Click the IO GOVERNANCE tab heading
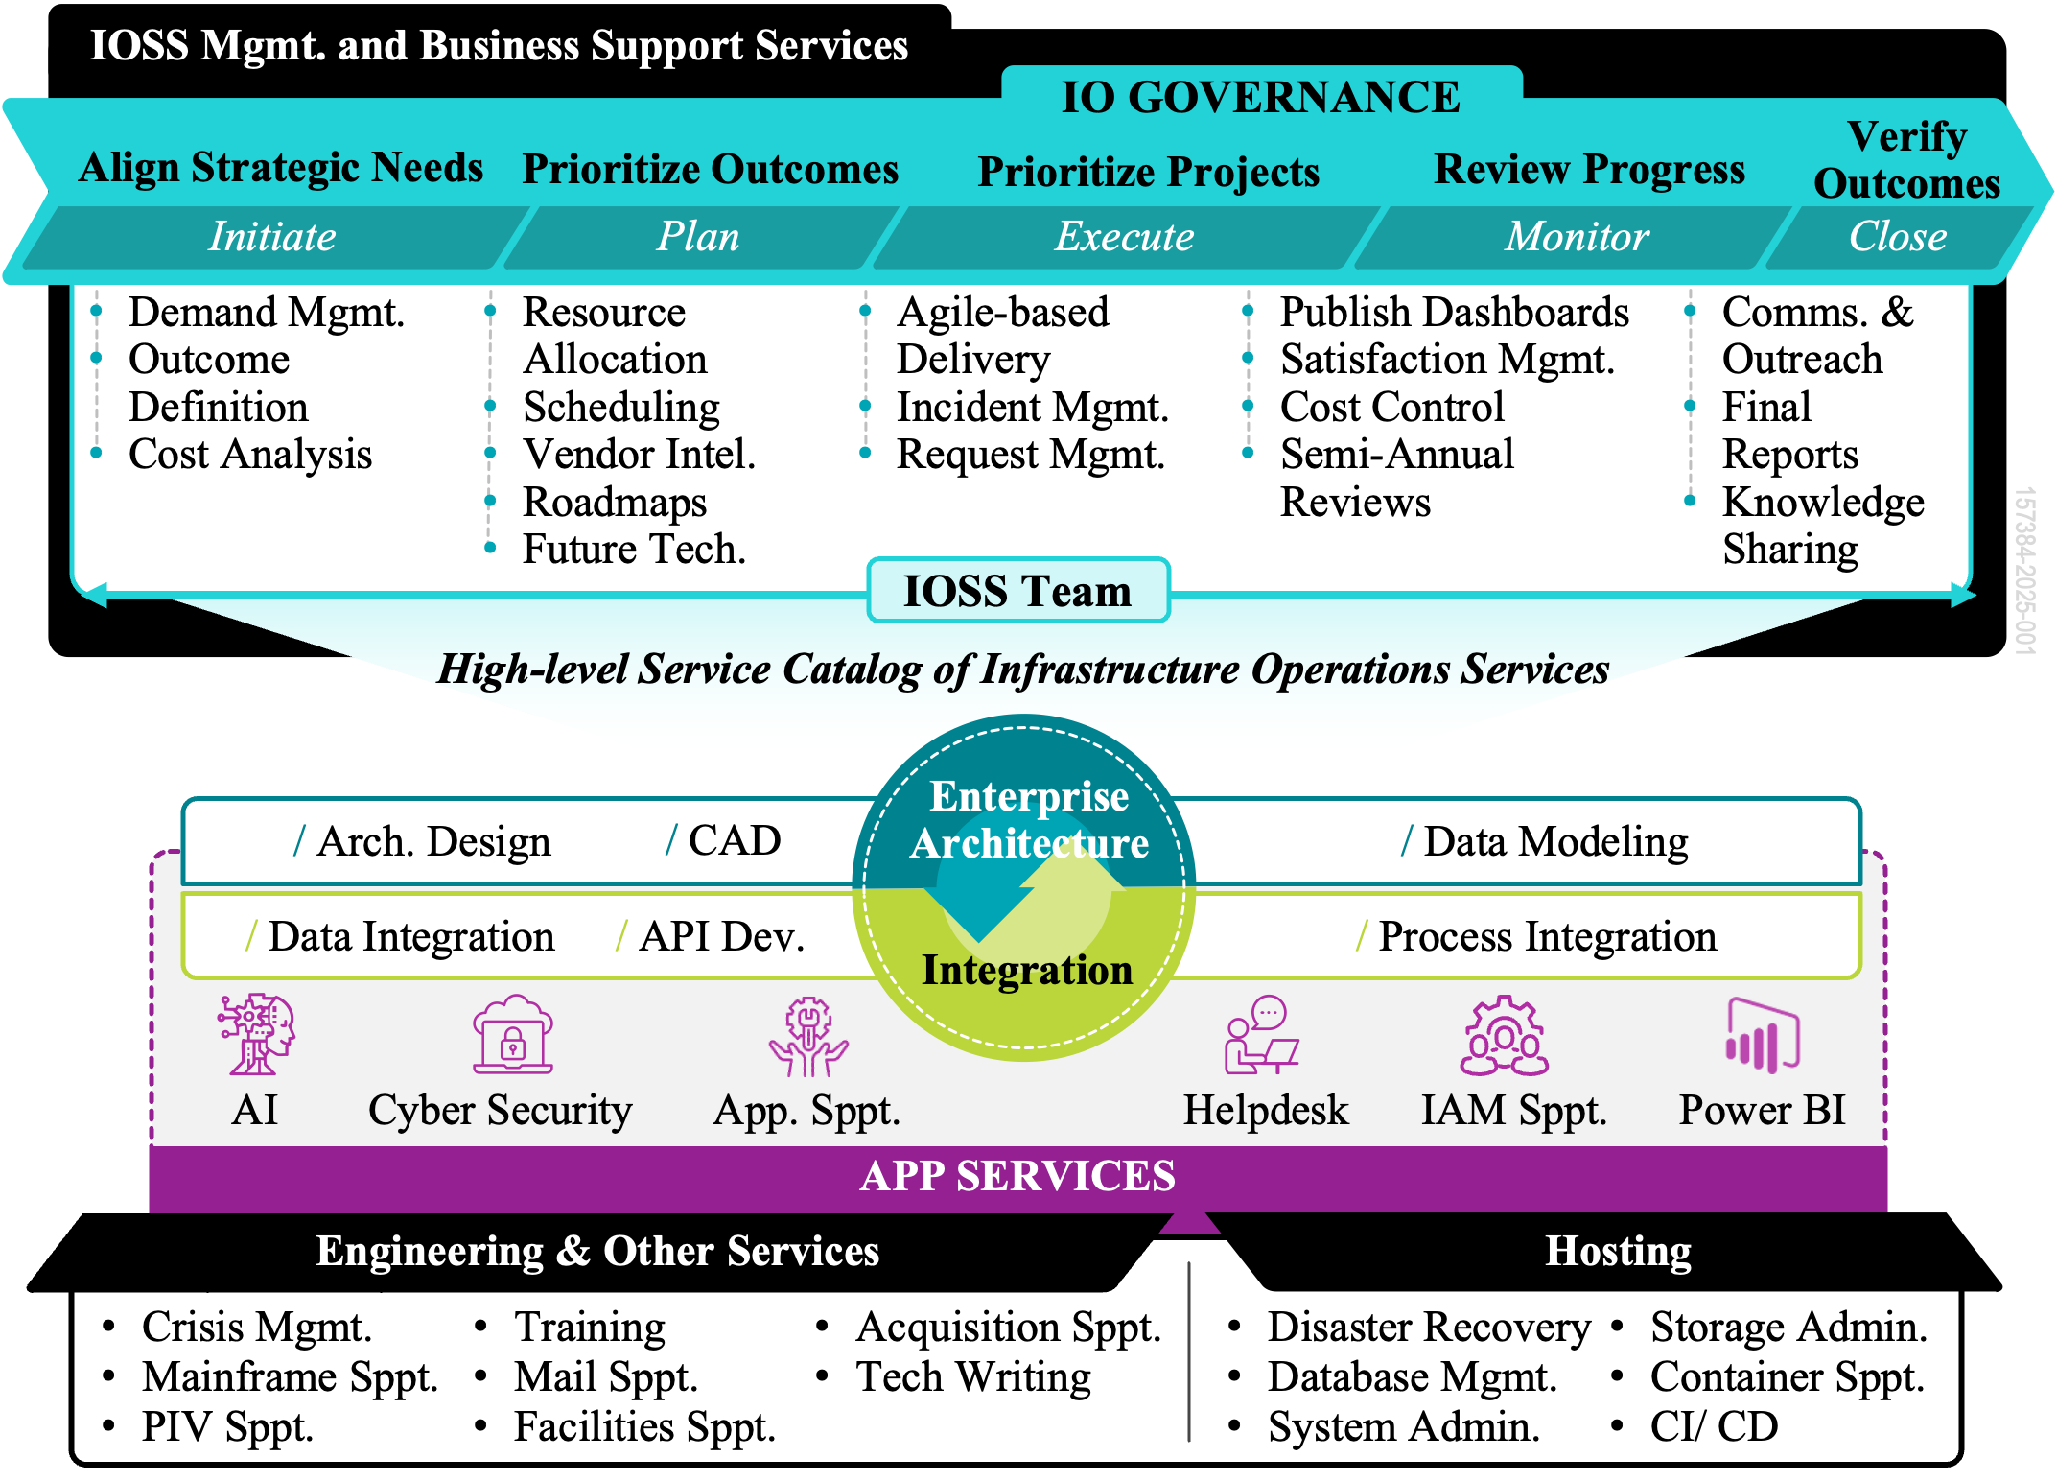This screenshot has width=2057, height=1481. pyautogui.click(x=1260, y=98)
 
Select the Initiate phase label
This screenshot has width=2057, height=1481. pyautogui.click(x=272, y=237)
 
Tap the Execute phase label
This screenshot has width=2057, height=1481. pyautogui.click(x=1124, y=237)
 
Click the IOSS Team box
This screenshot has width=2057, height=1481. pyautogui.click(x=1017, y=591)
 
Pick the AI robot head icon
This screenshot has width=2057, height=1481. pyautogui.click(x=256, y=1034)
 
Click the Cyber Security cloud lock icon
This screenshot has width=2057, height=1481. pyautogui.click(x=513, y=1034)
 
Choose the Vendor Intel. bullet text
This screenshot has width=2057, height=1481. pyautogui.click(x=639, y=455)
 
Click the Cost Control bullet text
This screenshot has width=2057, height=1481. pyautogui.click(x=1391, y=408)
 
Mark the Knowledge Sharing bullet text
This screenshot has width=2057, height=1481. pyautogui.click(x=1821, y=526)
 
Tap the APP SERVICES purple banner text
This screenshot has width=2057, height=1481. pyautogui.click(x=1017, y=1177)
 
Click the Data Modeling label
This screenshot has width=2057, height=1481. pyautogui.click(x=1554, y=842)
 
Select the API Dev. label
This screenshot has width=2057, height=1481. pyautogui.click(x=721, y=937)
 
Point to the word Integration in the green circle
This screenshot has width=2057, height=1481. pyautogui.click(x=1026, y=971)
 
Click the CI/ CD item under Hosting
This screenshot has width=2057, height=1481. pyautogui.click(x=1714, y=1427)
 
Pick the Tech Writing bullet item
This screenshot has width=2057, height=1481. pyautogui.click(x=972, y=1377)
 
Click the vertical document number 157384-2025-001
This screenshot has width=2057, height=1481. pyautogui.click(x=2023, y=571)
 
